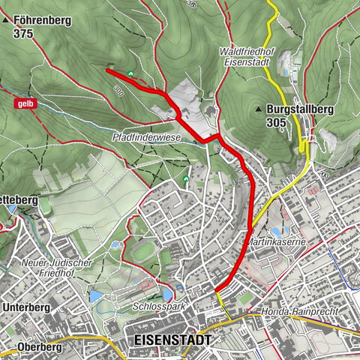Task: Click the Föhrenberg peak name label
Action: pos(43,21)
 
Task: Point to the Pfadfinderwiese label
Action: pos(146,138)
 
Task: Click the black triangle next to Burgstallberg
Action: pos(259,109)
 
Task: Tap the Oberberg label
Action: pos(22,347)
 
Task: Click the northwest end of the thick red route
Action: pos(108,70)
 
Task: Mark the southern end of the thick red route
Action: pos(216,290)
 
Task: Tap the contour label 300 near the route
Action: pos(118,90)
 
